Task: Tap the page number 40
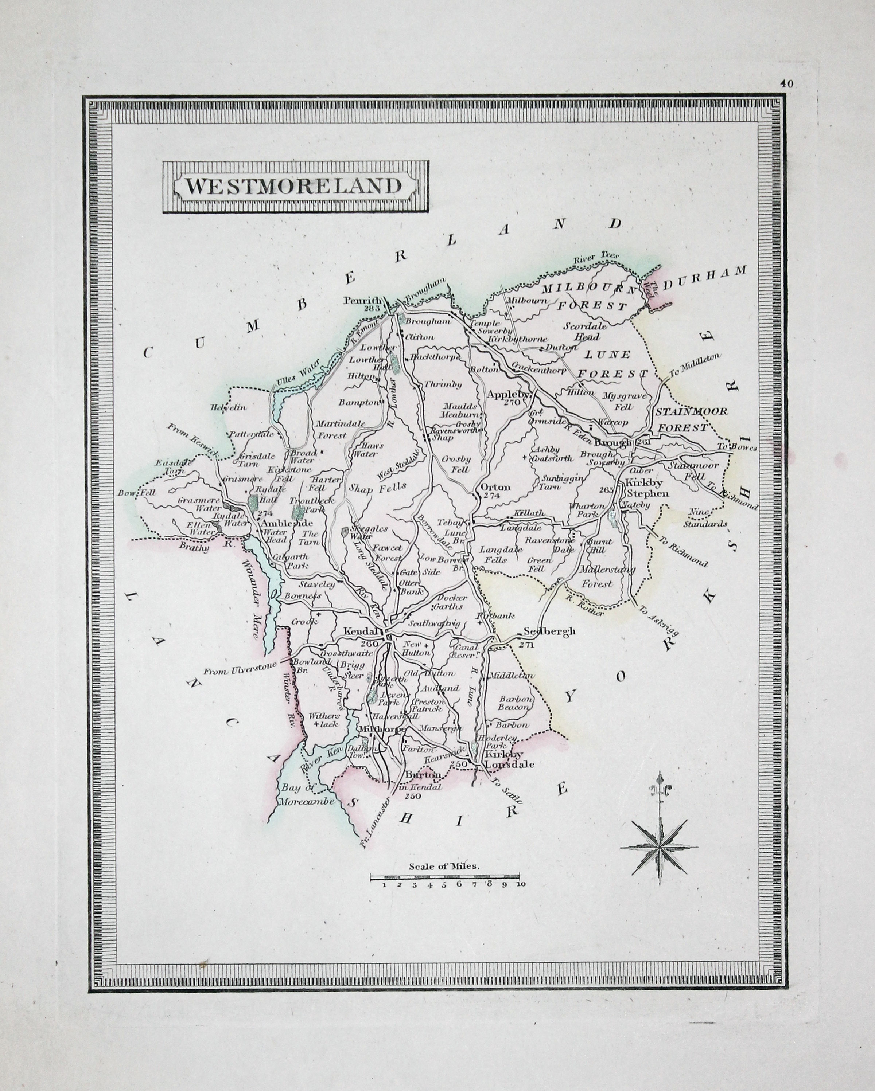point(786,85)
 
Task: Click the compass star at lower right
point(659,845)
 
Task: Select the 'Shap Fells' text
point(377,488)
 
